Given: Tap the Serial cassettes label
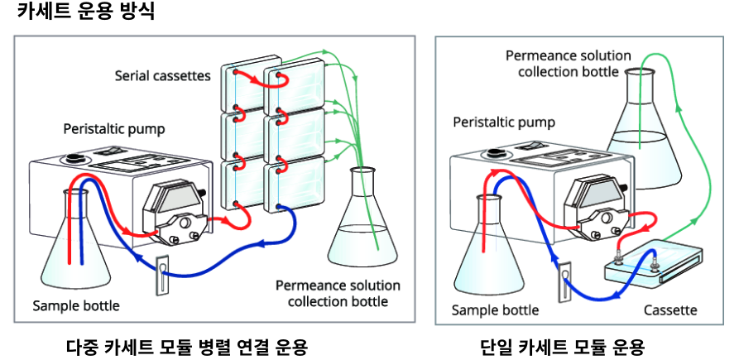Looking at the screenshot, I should click(x=163, y=76).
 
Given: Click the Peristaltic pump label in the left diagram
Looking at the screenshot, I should click(x=114, y=129).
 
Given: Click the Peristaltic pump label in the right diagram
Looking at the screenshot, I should click(x=504, y=122).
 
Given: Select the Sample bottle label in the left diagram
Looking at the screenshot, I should click(x=76, y=305).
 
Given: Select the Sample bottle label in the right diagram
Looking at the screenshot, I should click(x=495, y=310).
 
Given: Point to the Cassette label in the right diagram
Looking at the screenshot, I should click(x=669, y=310).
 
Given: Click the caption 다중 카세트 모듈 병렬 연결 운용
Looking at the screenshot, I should click(x=187, y=346).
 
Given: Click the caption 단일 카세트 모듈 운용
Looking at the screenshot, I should click(x=563, y=346).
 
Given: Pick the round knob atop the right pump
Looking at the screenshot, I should click(x=497, y=152).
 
